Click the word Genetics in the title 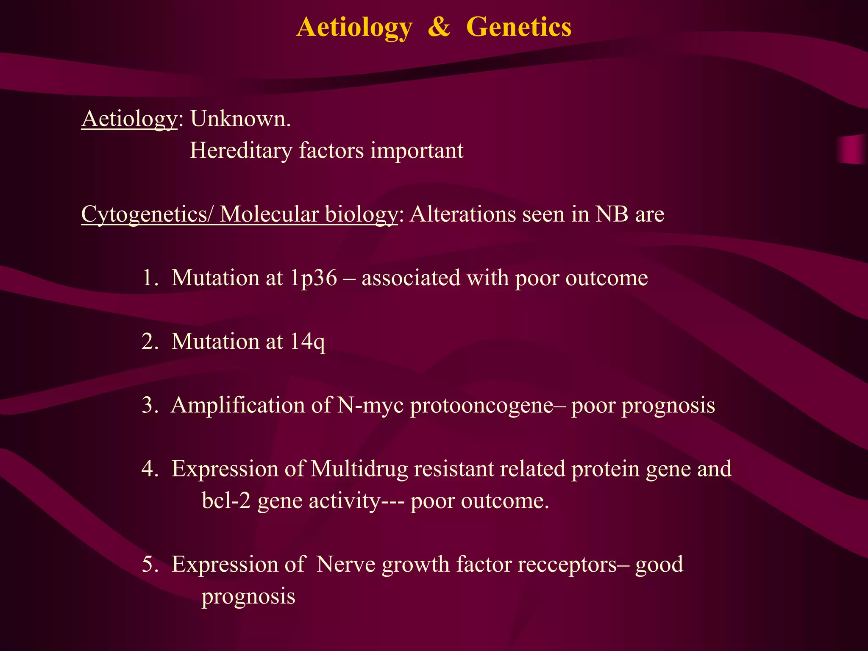518,28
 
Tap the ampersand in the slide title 439,28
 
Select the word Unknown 240,119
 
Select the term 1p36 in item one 314,278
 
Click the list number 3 149,406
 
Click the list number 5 149,565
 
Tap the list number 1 149,278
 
